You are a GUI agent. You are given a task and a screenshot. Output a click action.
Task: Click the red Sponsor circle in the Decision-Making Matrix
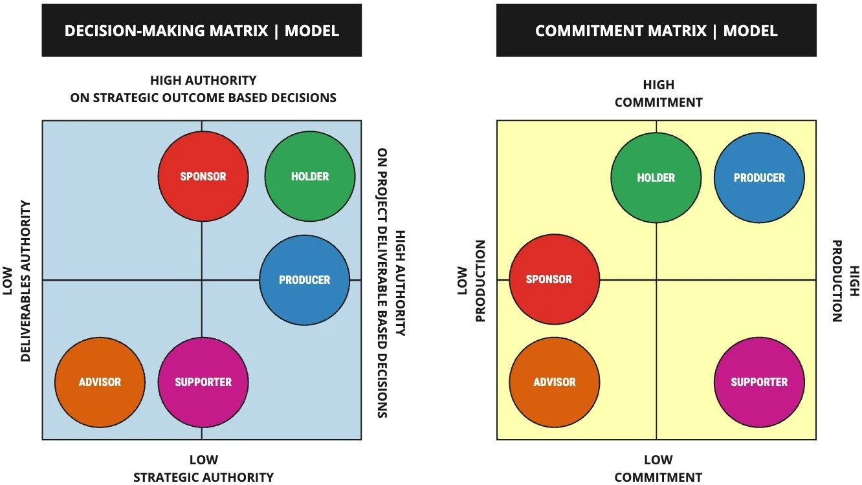203,177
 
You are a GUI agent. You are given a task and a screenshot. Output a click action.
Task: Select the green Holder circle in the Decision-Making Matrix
310,177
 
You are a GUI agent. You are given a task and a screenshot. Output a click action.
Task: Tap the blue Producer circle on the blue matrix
304,280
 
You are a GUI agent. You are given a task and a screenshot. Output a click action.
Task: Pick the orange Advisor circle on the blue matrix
100,382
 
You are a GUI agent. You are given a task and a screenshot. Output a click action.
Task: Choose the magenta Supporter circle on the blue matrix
203,382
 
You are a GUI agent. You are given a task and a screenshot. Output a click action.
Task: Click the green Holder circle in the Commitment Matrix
656,178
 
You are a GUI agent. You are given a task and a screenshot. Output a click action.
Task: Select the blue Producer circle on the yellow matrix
759,178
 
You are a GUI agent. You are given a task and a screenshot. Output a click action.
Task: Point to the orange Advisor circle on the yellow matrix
555,382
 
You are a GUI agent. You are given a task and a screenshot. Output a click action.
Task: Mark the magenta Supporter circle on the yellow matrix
759,382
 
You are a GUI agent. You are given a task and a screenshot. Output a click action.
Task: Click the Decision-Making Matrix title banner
201,30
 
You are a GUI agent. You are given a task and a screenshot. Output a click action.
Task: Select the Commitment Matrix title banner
656,30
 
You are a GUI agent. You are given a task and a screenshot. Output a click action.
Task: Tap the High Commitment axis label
658,94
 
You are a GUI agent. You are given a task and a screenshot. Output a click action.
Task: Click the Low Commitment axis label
658,469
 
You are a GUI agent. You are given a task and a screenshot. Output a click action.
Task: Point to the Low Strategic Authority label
203,469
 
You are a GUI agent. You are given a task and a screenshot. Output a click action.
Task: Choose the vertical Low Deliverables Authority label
17,281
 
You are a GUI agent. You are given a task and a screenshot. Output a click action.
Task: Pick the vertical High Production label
845,281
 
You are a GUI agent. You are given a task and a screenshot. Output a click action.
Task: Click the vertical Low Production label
471,281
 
